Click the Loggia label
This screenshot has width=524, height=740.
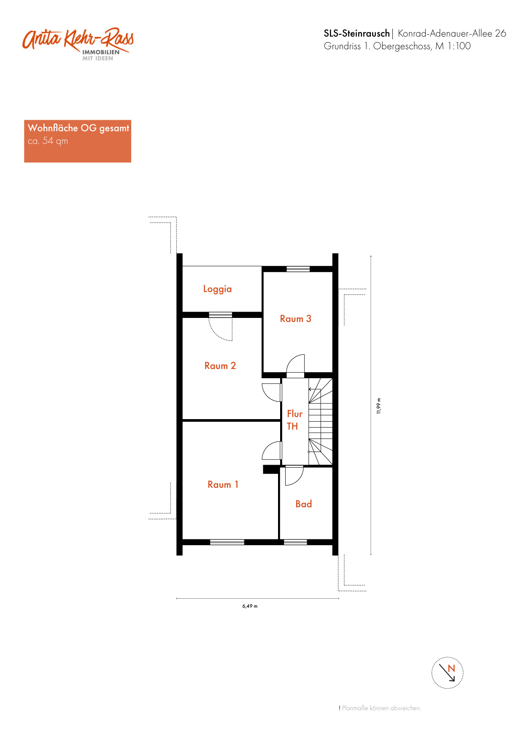(217, 289)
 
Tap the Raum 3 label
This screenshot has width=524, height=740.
(296, 319)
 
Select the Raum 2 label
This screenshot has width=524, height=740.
(220, 366)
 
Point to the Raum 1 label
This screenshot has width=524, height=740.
(223, 484)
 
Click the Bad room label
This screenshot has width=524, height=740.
(304, 504)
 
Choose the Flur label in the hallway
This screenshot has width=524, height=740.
(295, 414)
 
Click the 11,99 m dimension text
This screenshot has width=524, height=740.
(379, 406)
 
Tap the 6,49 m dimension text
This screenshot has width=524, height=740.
(250, 606)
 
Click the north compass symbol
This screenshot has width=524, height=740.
(447, 673)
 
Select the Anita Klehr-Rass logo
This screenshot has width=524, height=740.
(78, 44)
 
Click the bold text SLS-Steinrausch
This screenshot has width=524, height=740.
(357, 33)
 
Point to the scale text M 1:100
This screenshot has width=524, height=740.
(453, 46)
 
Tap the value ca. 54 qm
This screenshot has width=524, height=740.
(48, 141)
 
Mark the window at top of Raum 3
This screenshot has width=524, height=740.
(298, 269)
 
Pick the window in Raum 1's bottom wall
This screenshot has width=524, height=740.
(227, 542)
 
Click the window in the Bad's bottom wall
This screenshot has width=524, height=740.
(295, 542)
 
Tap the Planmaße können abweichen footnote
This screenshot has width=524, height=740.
(380, 708)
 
